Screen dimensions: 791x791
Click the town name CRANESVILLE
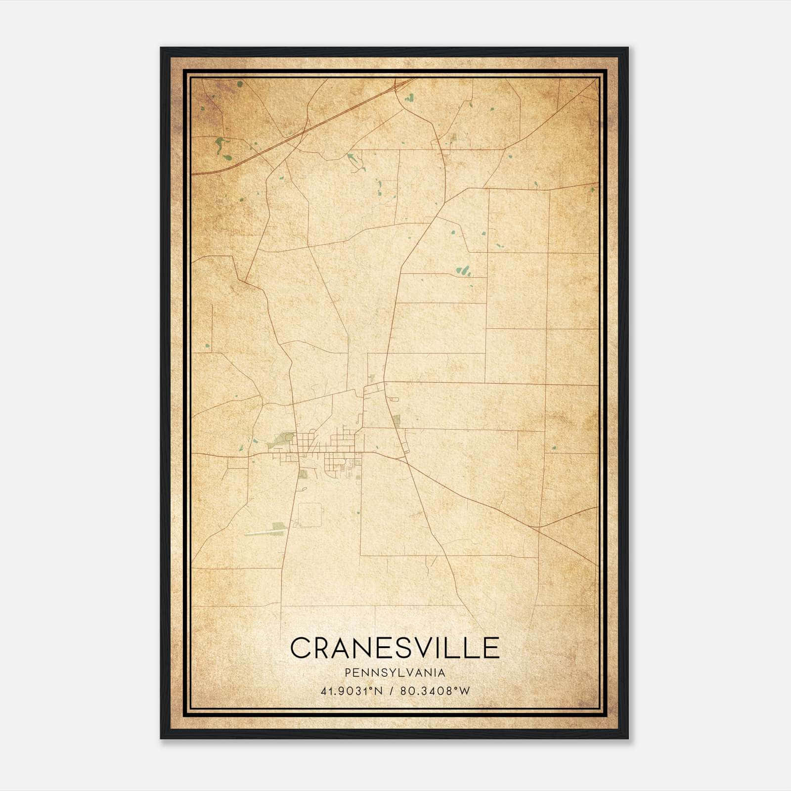click(x=395, y=648)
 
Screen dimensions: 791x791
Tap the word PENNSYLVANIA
click(x=395, y=672)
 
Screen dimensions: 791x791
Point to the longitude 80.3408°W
click(x=435, y=691)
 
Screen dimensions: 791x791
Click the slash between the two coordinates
click(x=391, y=691)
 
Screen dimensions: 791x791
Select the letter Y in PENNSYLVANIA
click(x=384, y=672)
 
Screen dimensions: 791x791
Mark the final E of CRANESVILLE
click(x=491, y=648)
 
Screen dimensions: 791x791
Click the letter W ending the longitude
click(x=464, y=691)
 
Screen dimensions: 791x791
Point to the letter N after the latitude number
click(x=378, y=691)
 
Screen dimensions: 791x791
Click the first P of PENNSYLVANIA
click(x=349, y=672)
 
